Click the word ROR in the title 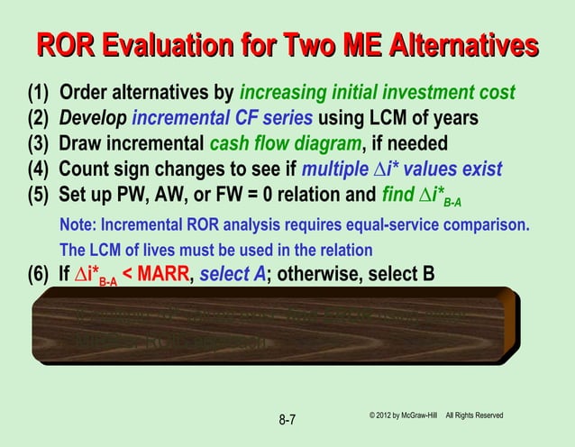click(66, 45)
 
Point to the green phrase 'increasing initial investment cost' click(377, 93)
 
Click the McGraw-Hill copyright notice click(435, 415)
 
